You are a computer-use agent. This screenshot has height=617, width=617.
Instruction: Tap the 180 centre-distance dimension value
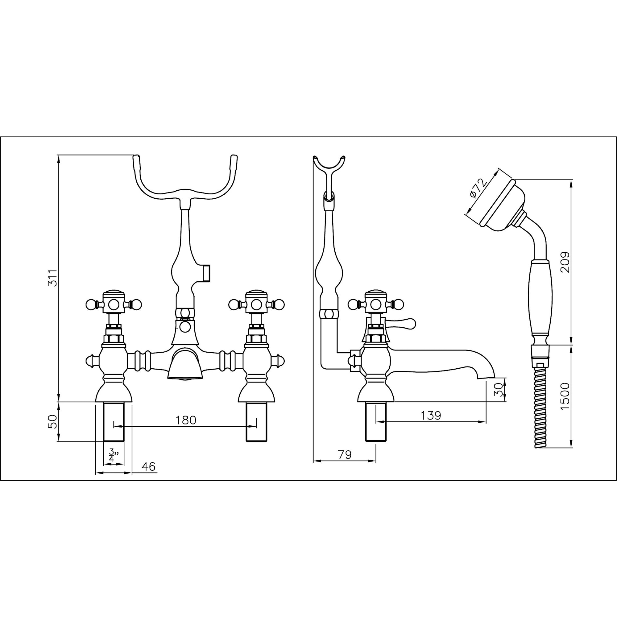186,420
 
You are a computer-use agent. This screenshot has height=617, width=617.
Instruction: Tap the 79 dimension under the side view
344,454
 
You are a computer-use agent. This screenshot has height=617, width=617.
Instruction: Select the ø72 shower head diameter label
478,189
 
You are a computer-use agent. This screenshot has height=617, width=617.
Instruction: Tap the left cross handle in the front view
113,304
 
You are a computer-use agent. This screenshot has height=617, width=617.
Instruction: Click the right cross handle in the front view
256,304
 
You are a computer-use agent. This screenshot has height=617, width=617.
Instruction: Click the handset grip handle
540,300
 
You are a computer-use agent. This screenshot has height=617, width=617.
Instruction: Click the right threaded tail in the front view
256,422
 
